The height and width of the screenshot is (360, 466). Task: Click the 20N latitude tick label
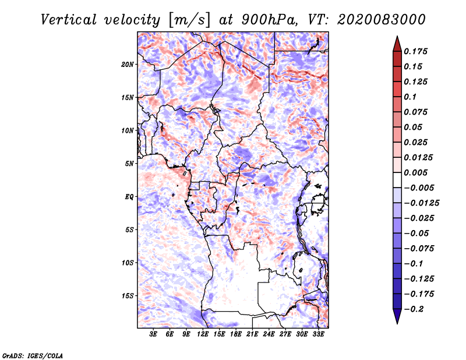click(x=128, y=64)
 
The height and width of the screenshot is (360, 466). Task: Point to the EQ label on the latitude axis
click(x=129, y=197)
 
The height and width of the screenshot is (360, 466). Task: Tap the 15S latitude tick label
click(x=128, y=296)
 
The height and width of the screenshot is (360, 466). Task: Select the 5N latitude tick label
click(x=129, y=164)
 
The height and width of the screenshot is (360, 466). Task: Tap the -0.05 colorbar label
click(x=416, y=233)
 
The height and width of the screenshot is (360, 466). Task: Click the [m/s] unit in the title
click(x=182, y=20)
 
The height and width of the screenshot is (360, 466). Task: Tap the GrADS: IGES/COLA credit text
click(x=32, y=355)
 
